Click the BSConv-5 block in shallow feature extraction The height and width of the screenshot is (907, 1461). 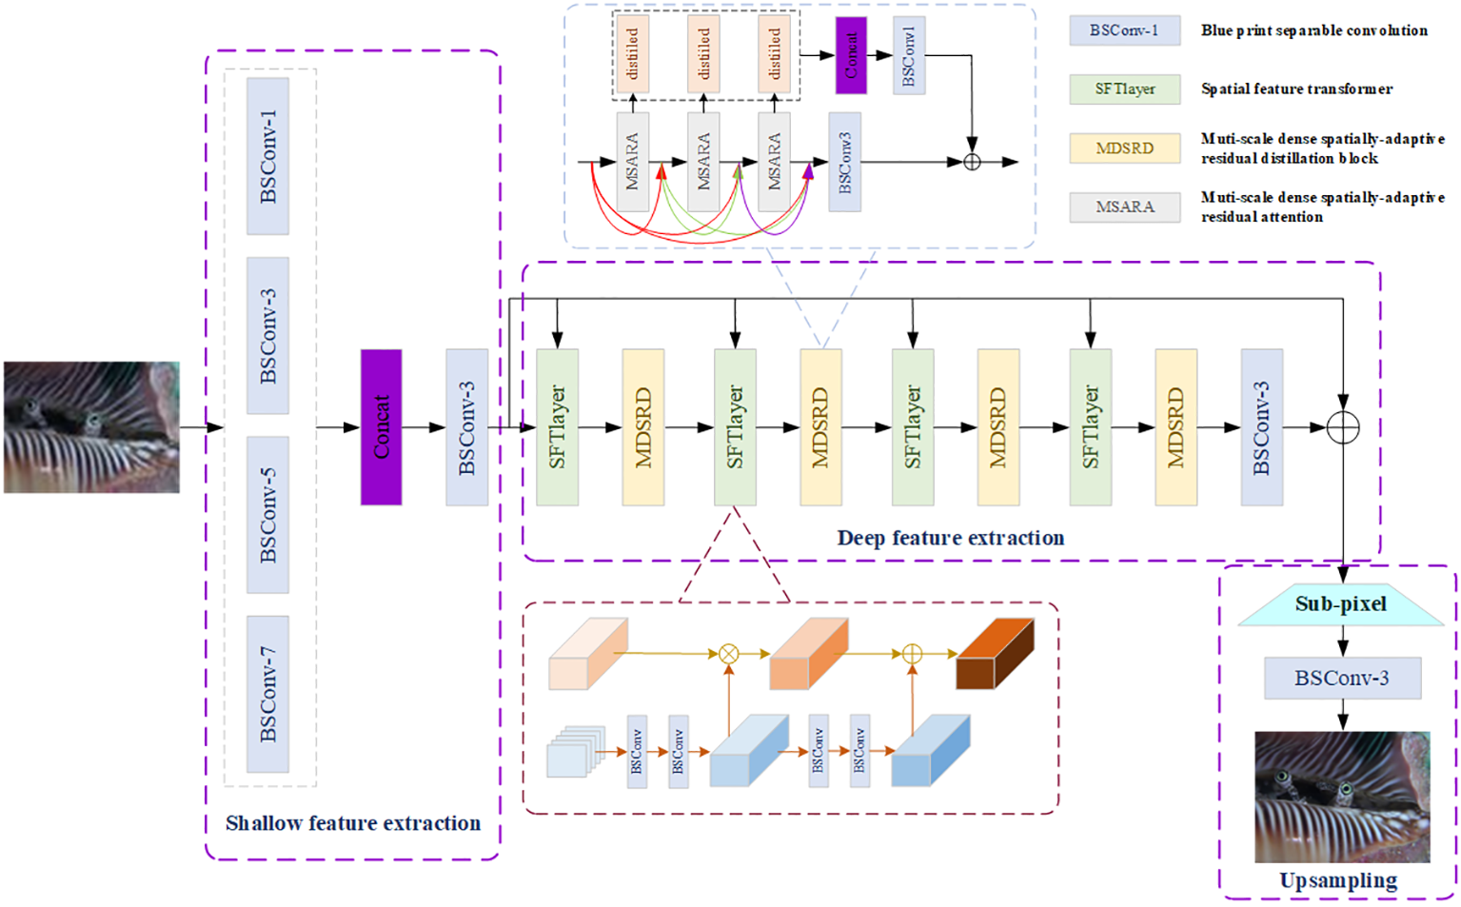(267, 515)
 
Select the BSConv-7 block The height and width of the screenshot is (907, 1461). (267, 694)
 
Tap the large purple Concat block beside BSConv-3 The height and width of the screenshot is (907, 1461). (381, 427)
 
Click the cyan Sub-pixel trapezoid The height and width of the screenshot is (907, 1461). (1341, 604)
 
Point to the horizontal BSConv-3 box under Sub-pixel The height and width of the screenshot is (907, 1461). (1342, 679)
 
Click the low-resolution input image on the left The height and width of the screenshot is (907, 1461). (91, 427)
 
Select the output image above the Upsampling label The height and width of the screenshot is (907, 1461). (1342, 797)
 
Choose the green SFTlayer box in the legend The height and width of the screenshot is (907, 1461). (1124, 89)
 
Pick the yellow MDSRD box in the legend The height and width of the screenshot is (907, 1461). (1124, 148)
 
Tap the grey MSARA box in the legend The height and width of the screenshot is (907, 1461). (1124, 207)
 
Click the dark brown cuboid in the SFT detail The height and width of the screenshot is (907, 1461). (994, 655)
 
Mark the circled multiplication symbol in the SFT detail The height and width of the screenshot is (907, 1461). (728, 654)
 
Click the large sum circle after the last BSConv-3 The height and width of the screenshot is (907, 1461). (1342, 428)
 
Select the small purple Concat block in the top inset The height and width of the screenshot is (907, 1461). (851, 55)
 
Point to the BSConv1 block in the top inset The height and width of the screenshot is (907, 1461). (908, 55)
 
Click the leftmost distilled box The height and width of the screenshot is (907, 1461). (633, 54)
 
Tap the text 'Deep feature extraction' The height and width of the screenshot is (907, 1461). (950, 538)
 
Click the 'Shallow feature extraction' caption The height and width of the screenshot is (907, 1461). (352, 823)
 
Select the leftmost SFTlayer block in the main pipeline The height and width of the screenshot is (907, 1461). (557, 427)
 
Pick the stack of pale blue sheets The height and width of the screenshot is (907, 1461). (574, 753)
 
